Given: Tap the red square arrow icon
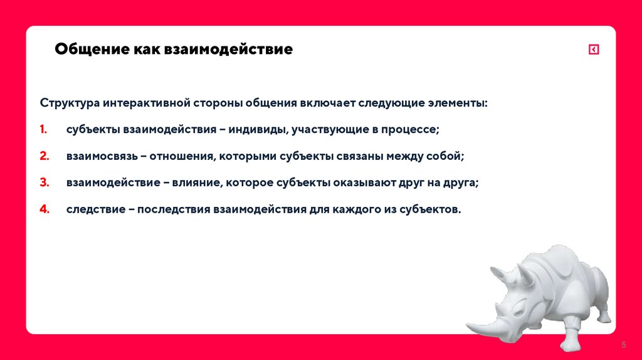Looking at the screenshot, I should (x=594, y=50).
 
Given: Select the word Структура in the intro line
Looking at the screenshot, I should (x=70, y=103).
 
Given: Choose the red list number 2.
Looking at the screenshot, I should (x=44, y=156).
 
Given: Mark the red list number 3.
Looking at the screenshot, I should (x=44, y=183).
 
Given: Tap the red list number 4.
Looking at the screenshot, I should (x=44, y=209).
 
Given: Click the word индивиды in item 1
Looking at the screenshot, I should (x=256, y=129).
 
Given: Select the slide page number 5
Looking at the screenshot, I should (x=624, y=345).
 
